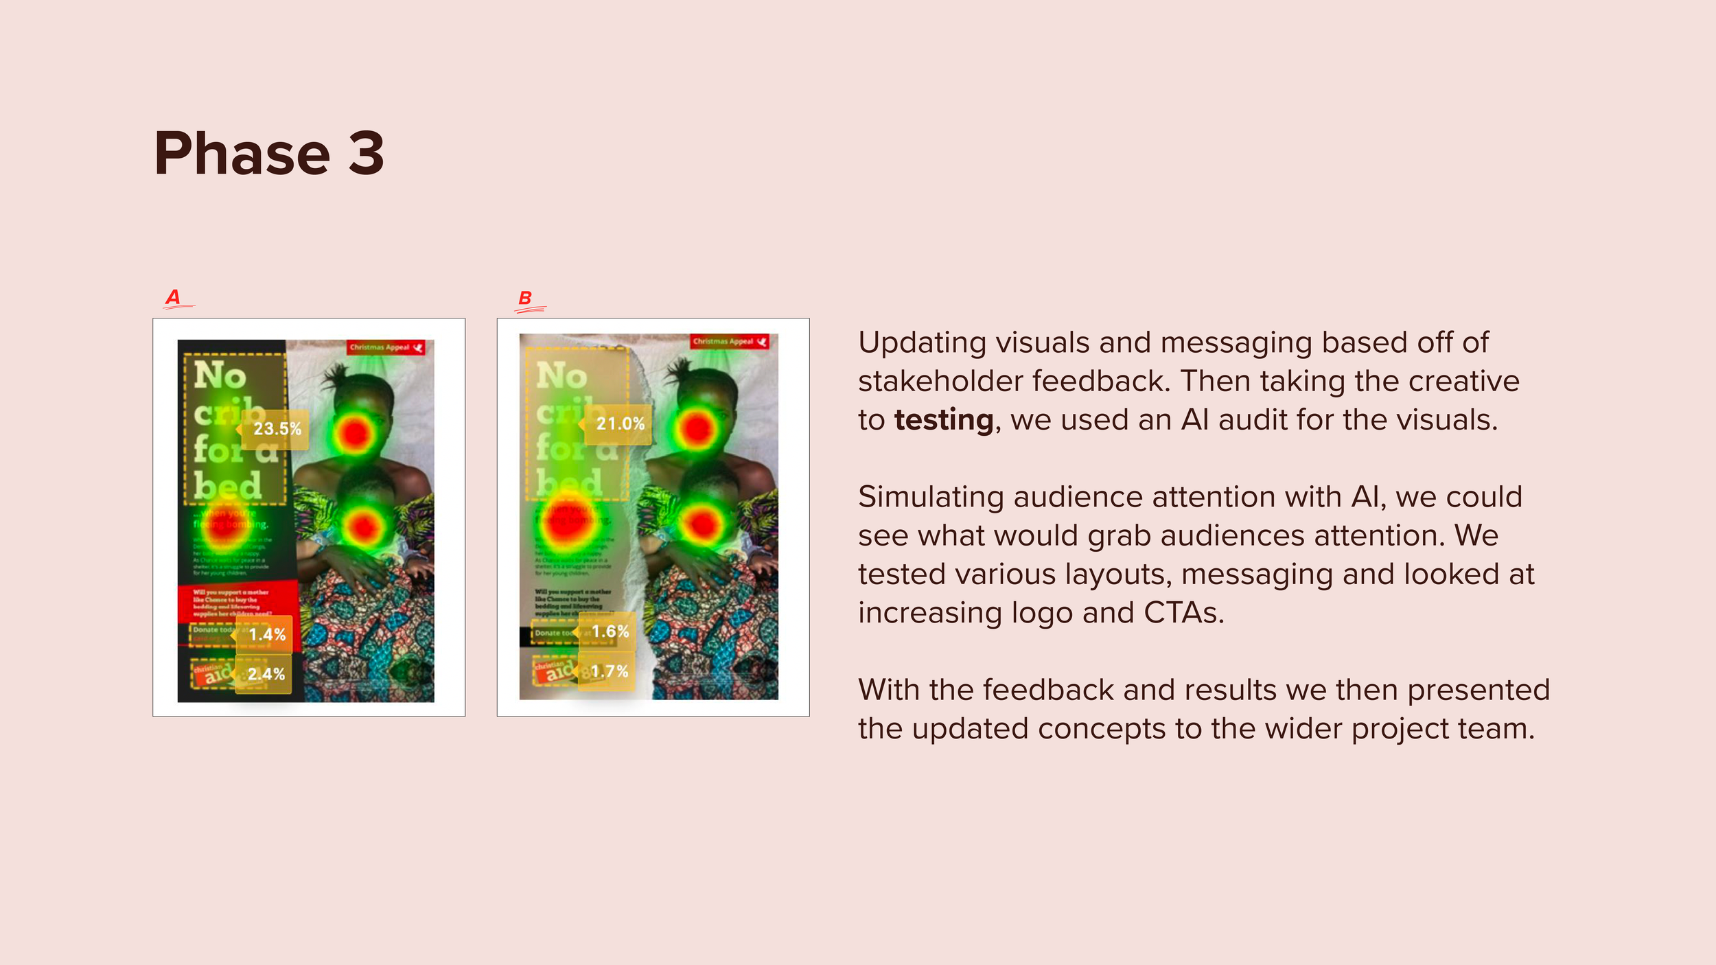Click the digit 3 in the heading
tap(366, 154)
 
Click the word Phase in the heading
tap(242, 154)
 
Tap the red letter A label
tap(173, 297)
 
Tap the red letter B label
tap(525, 299)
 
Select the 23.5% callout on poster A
tap(277, 429)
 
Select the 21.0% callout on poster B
tap(620, 424)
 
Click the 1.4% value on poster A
tap(267, 634)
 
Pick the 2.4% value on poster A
tap(266, 674)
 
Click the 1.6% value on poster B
tap(610, 631)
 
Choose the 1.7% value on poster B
tap(610, 671)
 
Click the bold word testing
tap(944, 420)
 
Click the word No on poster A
tap(220, 376)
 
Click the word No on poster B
tap(561, 376)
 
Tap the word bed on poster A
tap(227, 486)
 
